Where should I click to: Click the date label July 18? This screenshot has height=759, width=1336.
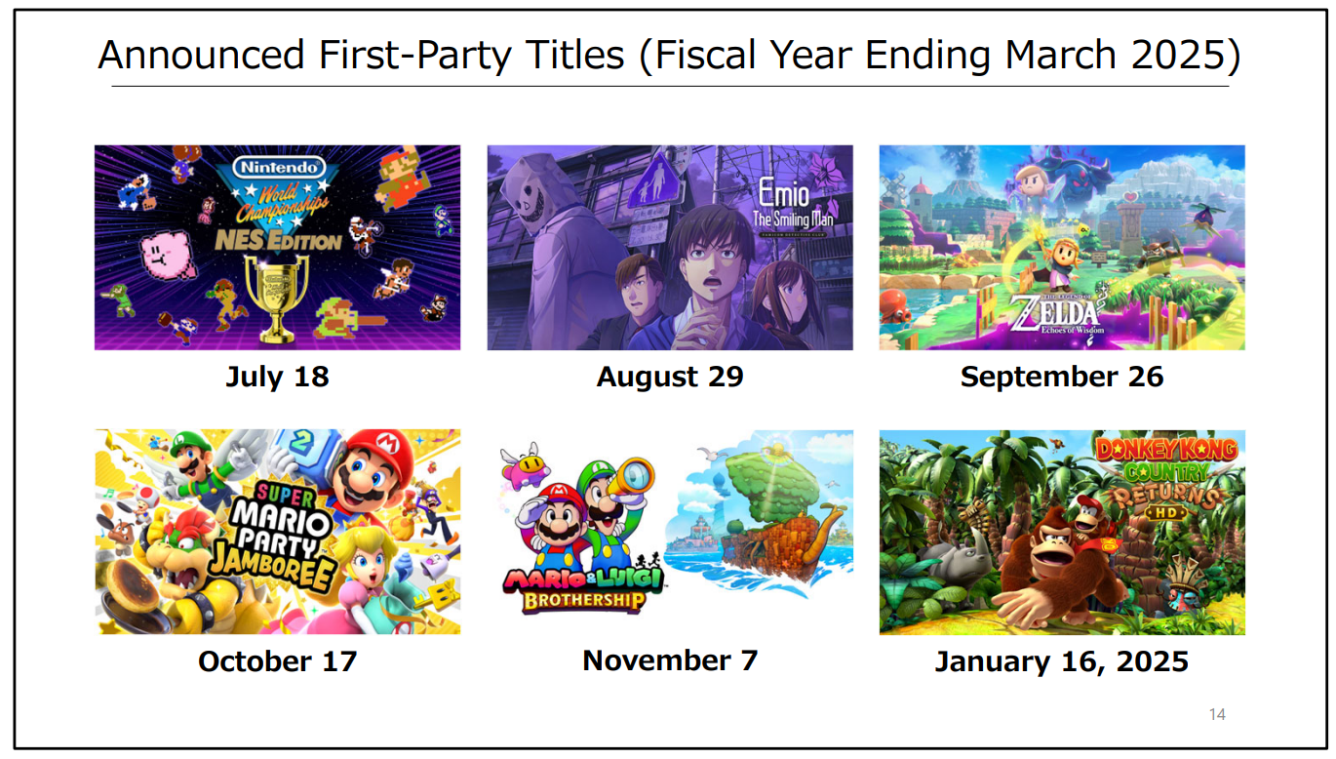pos(277,378)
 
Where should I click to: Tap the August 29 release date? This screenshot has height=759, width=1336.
pos(670,378)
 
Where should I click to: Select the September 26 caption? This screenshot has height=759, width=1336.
pos(1062,378)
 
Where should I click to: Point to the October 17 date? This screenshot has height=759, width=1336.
pos(277,661)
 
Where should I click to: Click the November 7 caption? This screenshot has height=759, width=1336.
pos(670,660)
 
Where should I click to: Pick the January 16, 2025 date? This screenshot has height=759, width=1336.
pos(1062,661)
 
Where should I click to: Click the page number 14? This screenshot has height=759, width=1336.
pos(1217,714)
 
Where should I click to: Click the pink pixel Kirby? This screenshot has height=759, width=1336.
pos(167,256)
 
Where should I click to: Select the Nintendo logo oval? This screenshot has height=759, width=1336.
pos(279,167)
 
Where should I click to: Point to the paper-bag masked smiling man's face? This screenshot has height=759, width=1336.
pos(532,194)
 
